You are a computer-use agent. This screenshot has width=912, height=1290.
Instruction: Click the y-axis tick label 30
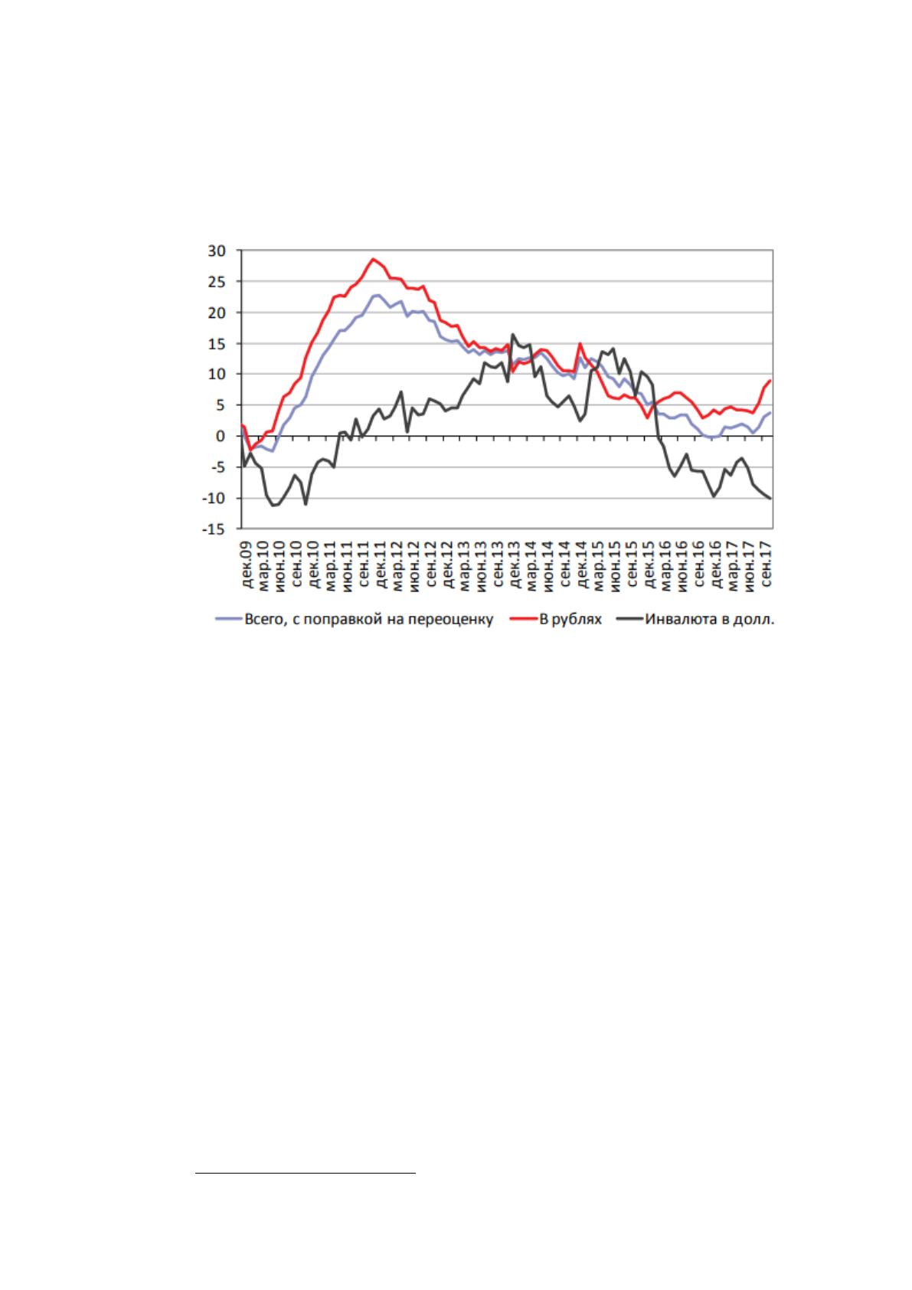pos(217,251)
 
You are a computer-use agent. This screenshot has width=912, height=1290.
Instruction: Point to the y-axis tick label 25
pos(217,282)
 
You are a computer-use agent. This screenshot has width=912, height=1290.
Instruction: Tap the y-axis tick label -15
pos(214,529)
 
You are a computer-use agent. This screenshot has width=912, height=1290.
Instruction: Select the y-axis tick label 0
pos(221,437)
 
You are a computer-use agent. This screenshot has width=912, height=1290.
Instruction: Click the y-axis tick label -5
pos(217,467)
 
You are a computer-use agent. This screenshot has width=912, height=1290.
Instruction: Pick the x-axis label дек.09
pos(248,565)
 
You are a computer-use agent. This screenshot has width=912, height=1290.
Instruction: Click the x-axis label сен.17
pos(766,565)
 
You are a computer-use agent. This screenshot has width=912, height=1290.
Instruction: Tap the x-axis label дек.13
pos(515,565)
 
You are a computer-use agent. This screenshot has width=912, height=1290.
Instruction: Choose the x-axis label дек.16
pos(716,565)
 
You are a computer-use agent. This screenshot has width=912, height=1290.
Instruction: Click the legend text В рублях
pos(570,620)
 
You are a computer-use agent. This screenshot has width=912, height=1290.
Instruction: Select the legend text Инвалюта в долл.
pos(709,620)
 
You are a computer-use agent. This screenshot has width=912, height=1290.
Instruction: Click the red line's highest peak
pos(373,259)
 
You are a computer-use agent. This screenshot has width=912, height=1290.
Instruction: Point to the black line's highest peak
pos(512,334)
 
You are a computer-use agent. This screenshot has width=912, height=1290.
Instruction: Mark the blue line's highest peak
pos(378,295)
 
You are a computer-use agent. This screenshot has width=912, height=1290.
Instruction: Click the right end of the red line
pos(770,381)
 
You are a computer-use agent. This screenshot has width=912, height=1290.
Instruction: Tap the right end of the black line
pos(770,498)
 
